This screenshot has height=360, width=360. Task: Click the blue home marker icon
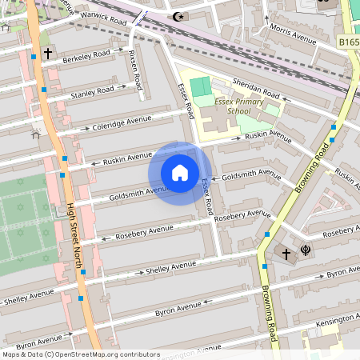(180, 173)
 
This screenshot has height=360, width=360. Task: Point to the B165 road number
(348, 40)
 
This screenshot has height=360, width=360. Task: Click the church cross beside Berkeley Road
(48, 54)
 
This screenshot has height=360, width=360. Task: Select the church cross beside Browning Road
(286, 253)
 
